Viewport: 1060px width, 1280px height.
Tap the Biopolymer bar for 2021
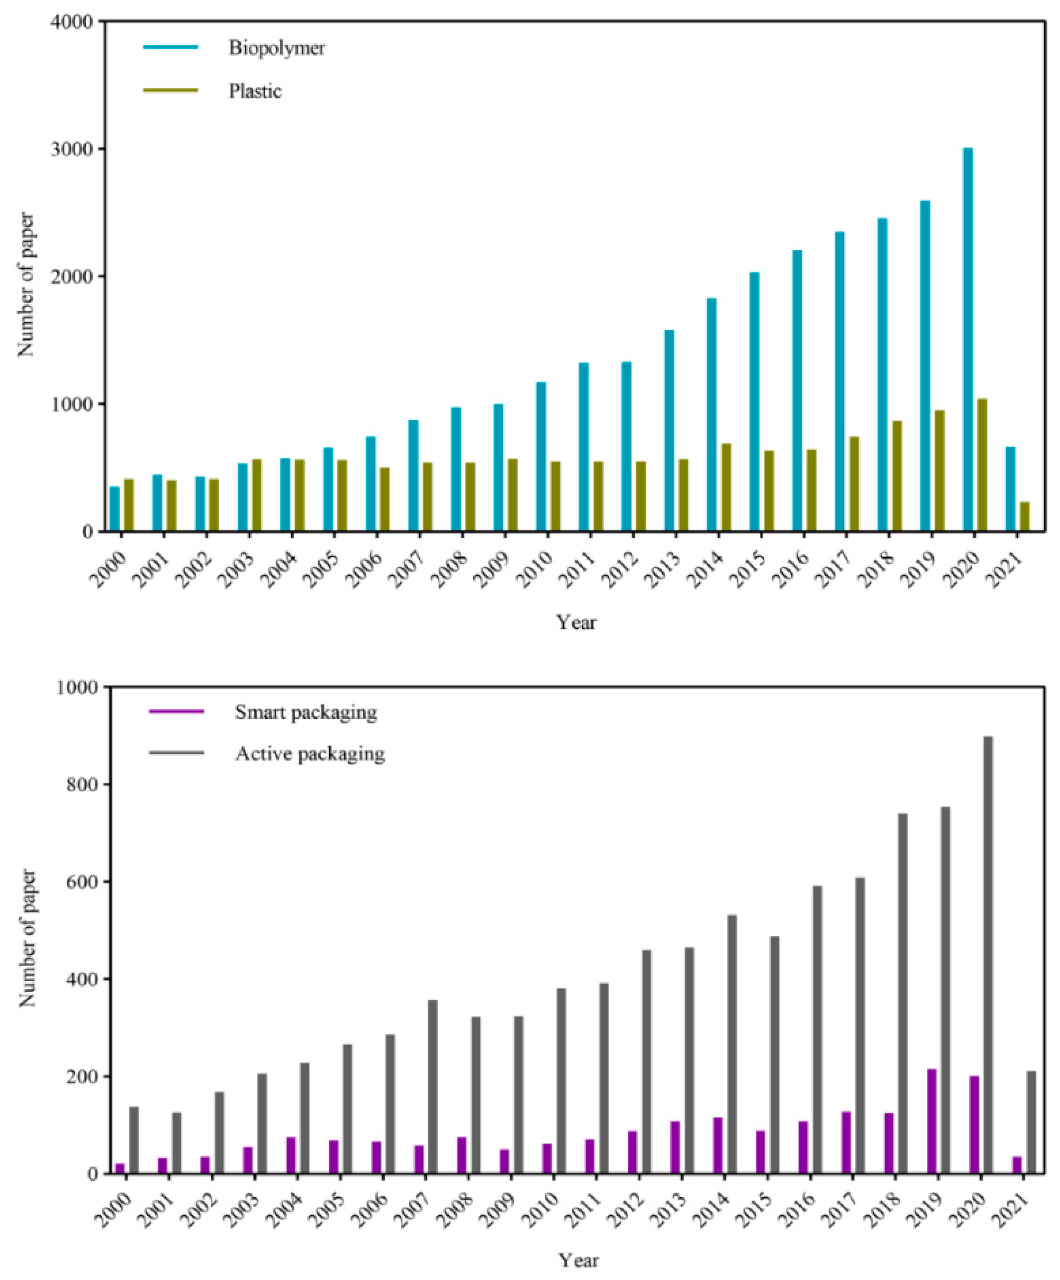click(1011, 489)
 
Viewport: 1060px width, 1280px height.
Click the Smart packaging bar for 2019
click(931, 1121)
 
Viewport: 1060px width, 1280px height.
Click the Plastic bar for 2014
click(726, 487)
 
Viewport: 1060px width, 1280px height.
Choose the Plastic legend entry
click(255, 91)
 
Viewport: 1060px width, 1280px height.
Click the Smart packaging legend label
click(306, 712)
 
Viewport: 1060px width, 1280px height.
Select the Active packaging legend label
click(310, 754)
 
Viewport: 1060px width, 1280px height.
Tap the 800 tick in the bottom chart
click(80, 785)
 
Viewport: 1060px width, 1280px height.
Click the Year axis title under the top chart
click(576, 623)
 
